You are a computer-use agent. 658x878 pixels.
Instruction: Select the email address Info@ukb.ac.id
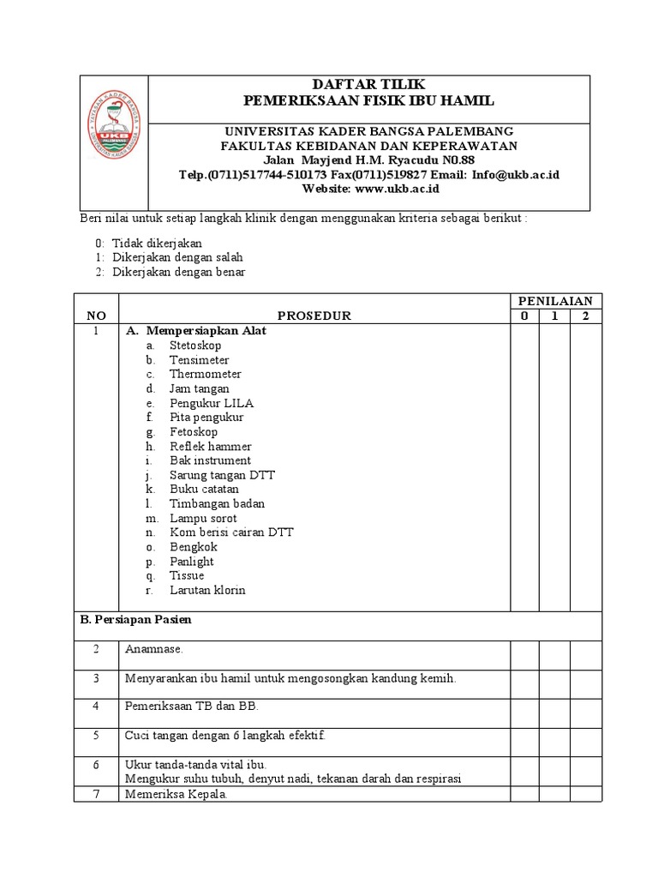click(x=516, y=174)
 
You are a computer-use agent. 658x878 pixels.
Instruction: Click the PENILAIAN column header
click(x=556, y=300)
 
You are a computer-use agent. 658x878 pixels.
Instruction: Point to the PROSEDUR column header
click(x=314, y=316)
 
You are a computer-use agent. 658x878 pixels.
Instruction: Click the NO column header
click(x=97, y=316)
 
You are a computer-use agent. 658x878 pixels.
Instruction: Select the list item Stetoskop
click(x=194, y=346)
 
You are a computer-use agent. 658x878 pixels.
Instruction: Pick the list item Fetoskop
click(x=193, y=432)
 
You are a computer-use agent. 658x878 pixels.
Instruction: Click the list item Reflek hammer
click(x=210, y=447)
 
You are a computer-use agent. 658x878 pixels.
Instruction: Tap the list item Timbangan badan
click(x=217, y=504)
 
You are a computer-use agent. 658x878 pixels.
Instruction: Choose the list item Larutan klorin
click(x=207, y=591)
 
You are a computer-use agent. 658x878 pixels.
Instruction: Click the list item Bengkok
click(x=193, y=547)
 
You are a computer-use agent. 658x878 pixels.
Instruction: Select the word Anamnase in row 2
click(x=153, y=650)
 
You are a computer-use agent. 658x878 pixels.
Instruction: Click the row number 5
click(x=97, y=736)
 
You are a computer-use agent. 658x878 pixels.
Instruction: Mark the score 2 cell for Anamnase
click(x=586, y=656)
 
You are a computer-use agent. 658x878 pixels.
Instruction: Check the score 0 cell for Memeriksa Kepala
click(x=524, y=795)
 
